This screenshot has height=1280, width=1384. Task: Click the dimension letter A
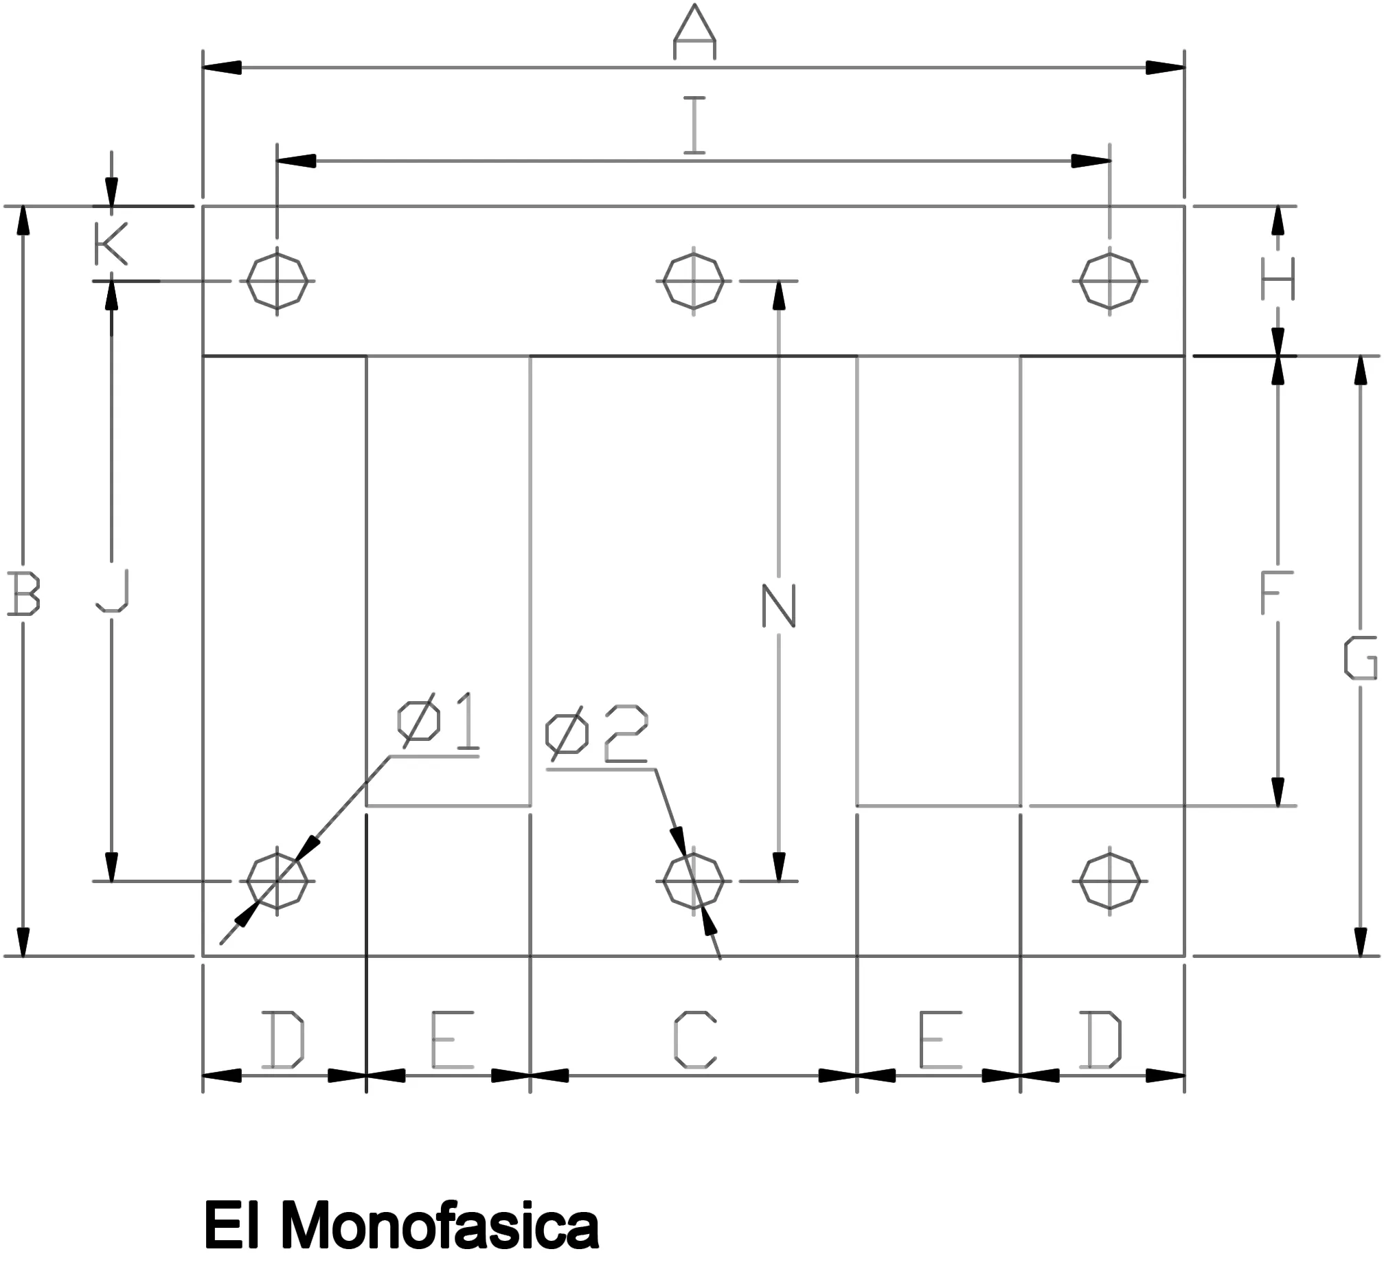(694, 32)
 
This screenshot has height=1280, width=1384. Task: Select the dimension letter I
(694, 125)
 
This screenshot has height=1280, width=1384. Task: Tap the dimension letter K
(111, 244)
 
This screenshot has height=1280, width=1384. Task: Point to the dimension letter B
(23, 593)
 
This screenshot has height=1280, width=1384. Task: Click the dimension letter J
(113, 590)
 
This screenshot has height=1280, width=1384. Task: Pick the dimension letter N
(779, 606)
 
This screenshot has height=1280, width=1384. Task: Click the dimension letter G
(1360, 658)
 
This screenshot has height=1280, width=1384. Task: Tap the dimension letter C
(694, 1040)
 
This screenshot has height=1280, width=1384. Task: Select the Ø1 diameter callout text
(438, 723)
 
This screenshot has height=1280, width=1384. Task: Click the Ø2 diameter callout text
(596, 735)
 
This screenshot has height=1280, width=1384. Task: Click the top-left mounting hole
(277, 282)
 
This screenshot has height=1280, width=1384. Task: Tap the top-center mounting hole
(694, 282)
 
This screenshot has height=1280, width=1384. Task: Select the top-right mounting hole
(1110, 282)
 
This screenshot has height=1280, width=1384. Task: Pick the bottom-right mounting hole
(1110, 881)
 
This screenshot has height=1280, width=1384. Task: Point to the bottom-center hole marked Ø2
(694, 881)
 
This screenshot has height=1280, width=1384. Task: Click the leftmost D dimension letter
(282, 1040)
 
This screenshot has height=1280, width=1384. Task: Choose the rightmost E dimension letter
(940, 1040)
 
